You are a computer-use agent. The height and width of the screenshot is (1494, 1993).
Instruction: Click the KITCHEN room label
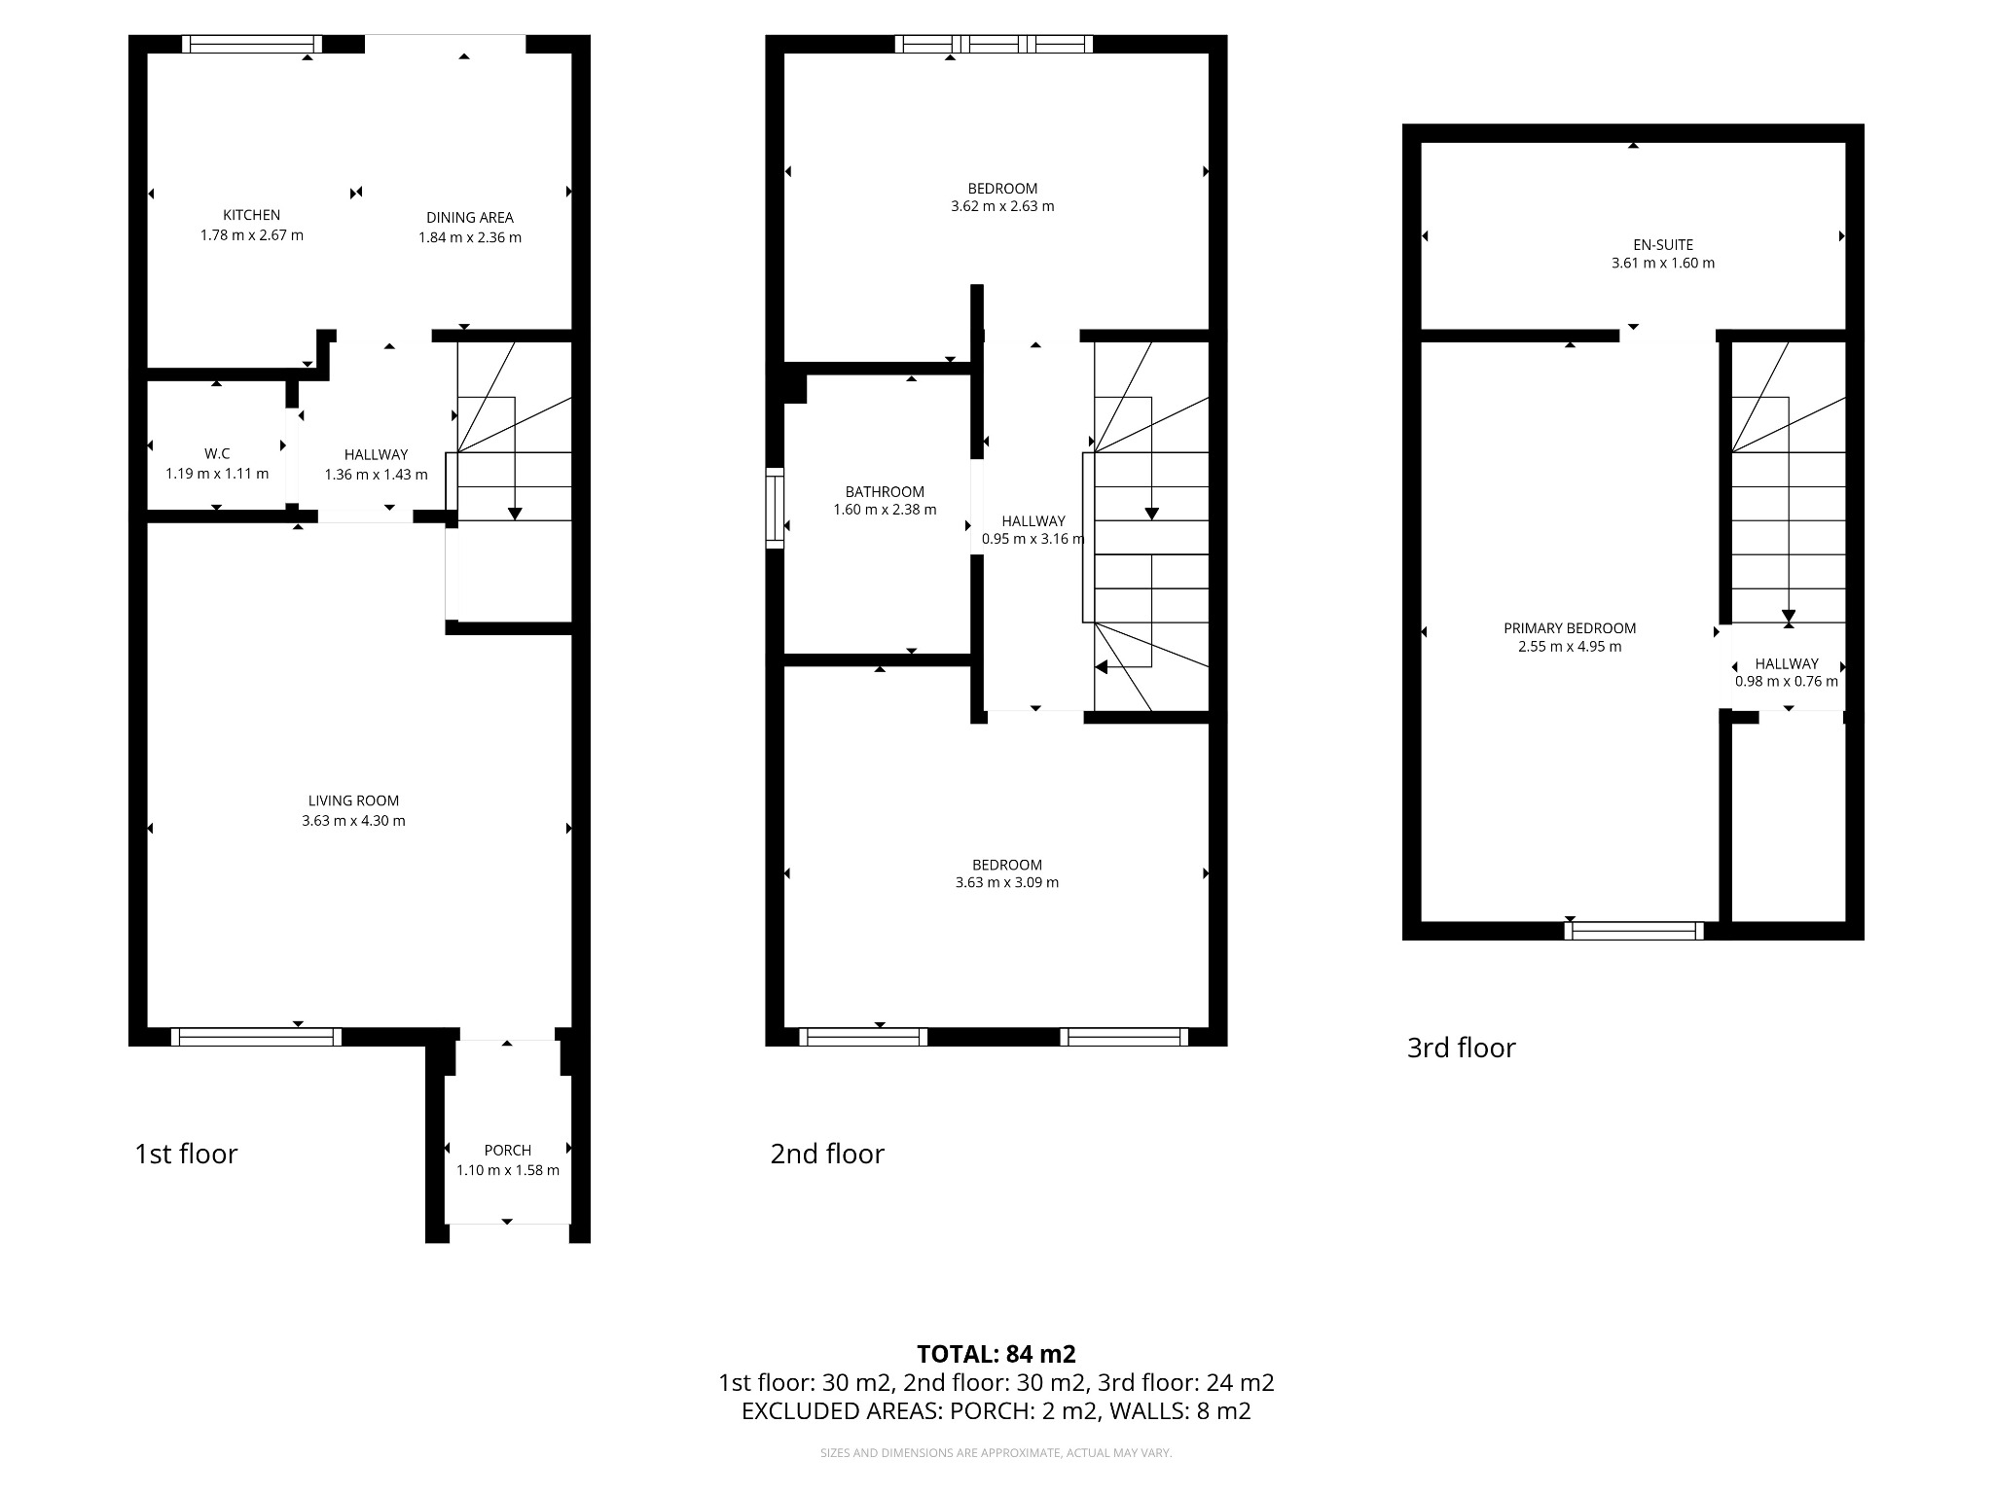[x=251, y=215]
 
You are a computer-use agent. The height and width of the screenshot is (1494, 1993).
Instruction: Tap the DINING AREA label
[x=469, y=218]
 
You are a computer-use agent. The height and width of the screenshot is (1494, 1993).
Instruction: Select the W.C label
[x=217, y=454]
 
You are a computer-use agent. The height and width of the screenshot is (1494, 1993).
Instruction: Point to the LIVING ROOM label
[x=353, y=800]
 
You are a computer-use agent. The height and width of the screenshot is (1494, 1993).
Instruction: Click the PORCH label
[x=507, y=1150]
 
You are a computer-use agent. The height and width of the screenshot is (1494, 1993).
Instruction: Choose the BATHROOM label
[x=885, y=492]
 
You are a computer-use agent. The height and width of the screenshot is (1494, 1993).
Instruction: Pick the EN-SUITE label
[x=1663, y=245]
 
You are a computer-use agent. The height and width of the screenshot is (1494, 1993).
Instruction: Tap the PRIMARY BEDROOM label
[x=1570, y=628]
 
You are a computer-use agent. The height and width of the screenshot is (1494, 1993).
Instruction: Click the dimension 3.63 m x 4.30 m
[x=353, y=821]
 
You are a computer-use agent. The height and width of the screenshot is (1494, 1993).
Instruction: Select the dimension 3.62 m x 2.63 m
[x=1002, y=206]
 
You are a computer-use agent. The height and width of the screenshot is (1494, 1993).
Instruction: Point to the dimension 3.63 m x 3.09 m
[x=1007, y=883]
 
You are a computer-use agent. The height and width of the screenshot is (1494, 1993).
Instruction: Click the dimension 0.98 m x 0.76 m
[x=1787, y=682]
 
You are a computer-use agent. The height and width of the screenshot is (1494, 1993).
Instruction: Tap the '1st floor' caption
[x=186, y=1154]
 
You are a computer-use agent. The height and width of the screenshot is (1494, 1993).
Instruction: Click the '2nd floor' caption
[x=827, y=1154]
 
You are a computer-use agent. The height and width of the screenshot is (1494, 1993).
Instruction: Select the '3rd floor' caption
[x=1462, y=1048]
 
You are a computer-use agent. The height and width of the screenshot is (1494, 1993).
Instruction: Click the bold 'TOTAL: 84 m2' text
[x=996, y=1354]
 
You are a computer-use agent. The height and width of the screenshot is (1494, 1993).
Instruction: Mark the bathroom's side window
[x=775, y=508]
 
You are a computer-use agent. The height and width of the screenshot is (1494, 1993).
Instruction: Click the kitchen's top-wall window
[x=252, y=44]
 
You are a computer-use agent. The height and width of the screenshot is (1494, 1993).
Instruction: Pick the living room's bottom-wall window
[x=256, y=1037]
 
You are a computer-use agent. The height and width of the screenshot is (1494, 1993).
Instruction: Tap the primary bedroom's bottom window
[x=1634, y=931]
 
